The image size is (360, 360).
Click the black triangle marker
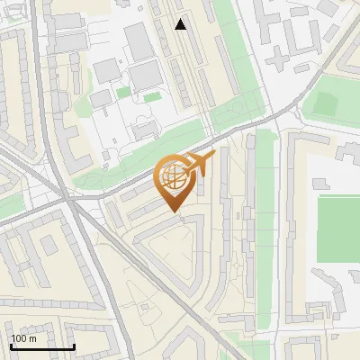[x=181, y=24]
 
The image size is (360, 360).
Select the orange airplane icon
[x=200, y=164]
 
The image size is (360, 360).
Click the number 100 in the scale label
[x=19, y=339]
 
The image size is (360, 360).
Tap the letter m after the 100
[x=32, y=339]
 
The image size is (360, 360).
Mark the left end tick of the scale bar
[x=11, y=346]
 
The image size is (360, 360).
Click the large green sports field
[x=338, y=227]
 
